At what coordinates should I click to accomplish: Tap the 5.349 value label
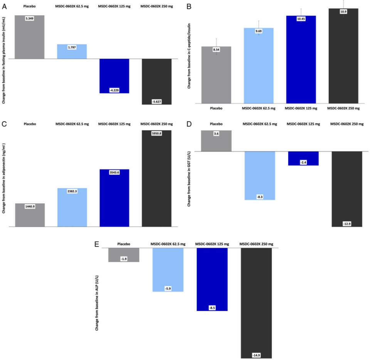pos(29,19)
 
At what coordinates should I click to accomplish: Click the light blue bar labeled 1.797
pos(72,51)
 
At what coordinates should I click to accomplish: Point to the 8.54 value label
pos(216,50)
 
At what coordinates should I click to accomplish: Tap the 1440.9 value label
pos(29,207)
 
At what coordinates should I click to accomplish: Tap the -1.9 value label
pos(124,259)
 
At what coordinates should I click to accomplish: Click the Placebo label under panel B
pos(216,108)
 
